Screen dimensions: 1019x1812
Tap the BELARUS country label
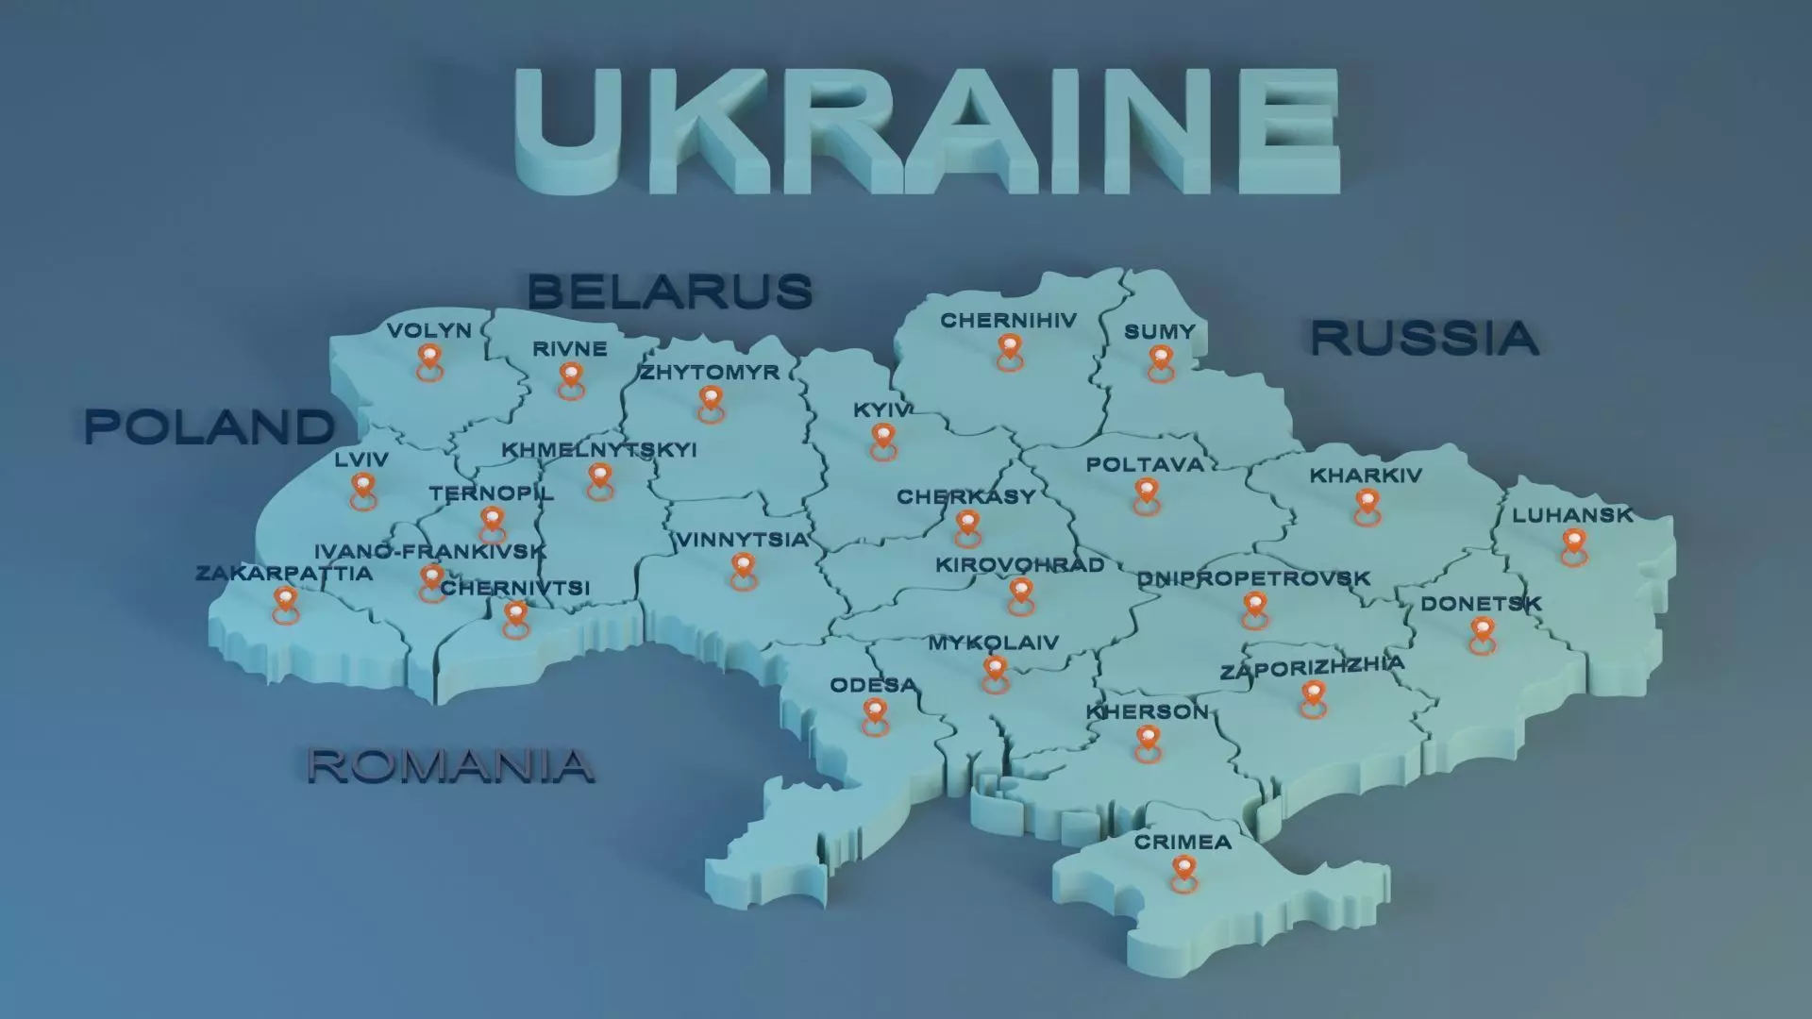pos(670,291)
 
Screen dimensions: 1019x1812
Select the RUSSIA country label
pos(1424,338)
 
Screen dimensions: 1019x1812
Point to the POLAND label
pos(210,427)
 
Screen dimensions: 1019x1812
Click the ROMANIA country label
pos(450,765)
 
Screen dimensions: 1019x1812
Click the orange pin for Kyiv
pos(882,438)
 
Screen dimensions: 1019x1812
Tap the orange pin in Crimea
pos(1183,870)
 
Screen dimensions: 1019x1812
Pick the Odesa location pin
pos(875,713)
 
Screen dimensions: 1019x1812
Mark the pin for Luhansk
pos(1573,543)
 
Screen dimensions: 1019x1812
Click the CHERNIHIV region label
pos(1008,321)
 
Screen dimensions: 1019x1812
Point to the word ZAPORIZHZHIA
pos(1312,667)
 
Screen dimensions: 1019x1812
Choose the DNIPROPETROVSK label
pos(1253,578)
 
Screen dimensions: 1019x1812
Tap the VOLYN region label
pos(428,330)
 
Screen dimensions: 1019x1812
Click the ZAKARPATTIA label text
pos(284,573)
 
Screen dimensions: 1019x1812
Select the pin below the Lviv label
pos(362,488)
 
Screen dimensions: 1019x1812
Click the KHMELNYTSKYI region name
pos(598,449)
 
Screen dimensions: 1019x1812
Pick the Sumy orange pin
pos(1160,359)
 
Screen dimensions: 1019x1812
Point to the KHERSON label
pos(1147,711)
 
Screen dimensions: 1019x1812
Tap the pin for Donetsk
pos(1482,631)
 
